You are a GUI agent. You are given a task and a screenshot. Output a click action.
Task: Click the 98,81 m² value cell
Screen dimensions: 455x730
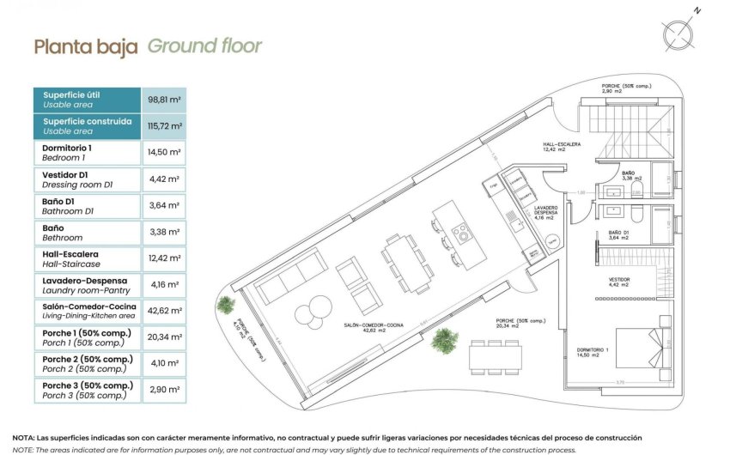[x=163, y=100]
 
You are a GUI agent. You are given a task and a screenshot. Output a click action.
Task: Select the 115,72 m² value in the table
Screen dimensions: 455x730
[x=163, y=126]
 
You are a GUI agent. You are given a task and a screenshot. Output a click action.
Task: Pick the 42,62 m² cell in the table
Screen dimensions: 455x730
[x=163, y=312]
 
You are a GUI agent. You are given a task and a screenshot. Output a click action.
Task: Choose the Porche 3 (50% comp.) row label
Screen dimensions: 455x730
[x=87, y=391]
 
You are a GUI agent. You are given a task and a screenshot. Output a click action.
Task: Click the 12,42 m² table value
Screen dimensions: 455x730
[x=163, y=258]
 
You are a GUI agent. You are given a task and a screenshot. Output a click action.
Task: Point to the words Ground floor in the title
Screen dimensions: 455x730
[x=204, y=46]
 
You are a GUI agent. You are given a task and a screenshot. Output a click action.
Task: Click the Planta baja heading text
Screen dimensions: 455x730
[x=85, y=47]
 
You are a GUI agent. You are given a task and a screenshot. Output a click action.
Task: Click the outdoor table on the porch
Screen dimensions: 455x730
[x=495, y=355]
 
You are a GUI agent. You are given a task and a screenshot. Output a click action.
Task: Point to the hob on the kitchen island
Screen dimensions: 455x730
[x=460, y=232]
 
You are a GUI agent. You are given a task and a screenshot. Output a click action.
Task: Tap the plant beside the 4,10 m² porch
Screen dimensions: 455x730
[x=225, y=304]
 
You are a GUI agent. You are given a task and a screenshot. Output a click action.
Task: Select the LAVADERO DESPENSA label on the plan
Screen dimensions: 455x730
[x=545, y=212]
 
